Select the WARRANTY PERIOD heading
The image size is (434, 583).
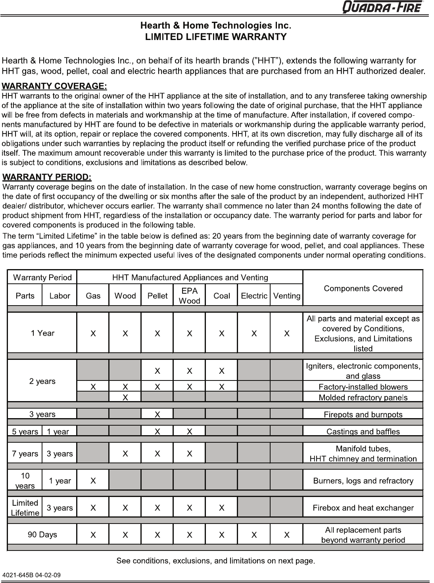pos(47,176)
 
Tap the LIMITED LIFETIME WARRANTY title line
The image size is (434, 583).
pos(216,37)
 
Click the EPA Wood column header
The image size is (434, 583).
pos(189,296)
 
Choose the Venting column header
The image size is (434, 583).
pos(286,296)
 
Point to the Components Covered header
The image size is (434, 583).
pos(363,289)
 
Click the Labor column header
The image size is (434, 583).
pos(60,296)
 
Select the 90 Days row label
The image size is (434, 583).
pos(42,535)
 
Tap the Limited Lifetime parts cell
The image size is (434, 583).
pos(25,508)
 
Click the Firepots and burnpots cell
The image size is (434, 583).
pos(363,415)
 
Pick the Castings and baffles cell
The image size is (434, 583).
pos(363,432)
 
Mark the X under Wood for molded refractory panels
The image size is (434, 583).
pos(125,397)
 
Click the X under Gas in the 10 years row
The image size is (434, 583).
pos(93,481)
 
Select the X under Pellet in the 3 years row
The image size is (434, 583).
pos(157,415)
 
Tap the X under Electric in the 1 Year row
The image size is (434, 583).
pos(254,333)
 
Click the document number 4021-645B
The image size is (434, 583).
pos(32,575)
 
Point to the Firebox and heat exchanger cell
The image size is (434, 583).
pos(363,508)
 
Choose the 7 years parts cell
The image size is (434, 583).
pos(25,454)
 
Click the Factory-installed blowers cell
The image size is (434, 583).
pos(363,387)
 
